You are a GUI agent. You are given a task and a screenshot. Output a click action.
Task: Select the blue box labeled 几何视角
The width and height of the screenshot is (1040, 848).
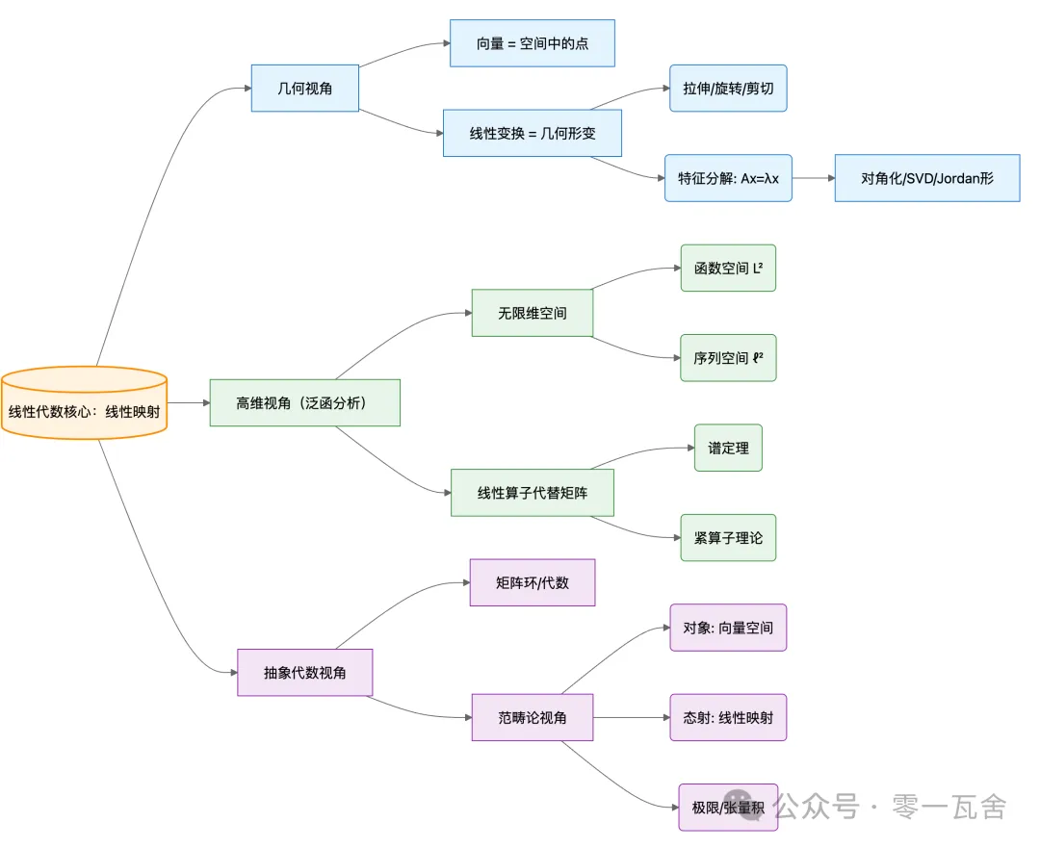click(304, 88)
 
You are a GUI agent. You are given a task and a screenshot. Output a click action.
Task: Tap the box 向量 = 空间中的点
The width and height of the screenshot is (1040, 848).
click(532, 43)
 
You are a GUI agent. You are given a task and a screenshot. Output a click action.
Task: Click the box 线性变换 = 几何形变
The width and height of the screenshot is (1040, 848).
click(532, 133)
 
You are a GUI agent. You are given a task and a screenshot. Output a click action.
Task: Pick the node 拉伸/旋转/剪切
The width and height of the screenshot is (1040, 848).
click(728, 89)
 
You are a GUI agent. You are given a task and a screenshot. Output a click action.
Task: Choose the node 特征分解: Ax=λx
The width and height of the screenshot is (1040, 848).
click(728, 178)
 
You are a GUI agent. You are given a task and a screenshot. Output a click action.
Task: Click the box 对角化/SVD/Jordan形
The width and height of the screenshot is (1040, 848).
click(926, 178)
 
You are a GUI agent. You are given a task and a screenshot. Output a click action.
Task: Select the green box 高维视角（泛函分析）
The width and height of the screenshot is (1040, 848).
click(304, 402)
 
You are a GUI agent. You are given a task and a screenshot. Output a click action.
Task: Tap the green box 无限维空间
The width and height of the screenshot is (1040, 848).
click(532, 313)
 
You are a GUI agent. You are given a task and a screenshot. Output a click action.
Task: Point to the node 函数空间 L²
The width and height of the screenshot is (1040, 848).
click(728, 268)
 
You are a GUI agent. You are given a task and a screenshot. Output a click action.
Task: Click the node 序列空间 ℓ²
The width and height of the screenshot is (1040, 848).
click(728, 357)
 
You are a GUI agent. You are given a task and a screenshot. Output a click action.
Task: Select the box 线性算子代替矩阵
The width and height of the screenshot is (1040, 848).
click(532, 492)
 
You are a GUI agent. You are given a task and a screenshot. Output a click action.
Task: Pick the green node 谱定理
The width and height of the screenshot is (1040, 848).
click(728, 448)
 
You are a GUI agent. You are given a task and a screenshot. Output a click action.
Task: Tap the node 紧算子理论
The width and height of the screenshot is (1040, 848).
click(728, 537)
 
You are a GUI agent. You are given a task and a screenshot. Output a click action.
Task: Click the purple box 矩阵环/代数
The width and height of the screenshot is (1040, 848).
click(532, 582)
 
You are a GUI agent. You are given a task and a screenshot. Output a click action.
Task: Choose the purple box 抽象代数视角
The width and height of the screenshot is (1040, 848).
click(304, 672)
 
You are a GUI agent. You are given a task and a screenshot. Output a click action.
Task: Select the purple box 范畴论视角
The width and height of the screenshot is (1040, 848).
click(532, 717)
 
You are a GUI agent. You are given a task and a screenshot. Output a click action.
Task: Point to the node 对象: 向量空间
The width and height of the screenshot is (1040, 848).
click(728, 628)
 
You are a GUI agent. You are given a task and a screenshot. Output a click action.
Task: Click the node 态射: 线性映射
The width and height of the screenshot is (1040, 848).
click(728, 717)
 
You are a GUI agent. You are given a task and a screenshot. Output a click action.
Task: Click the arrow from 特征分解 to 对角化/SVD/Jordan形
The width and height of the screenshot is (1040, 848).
click(814, 178)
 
